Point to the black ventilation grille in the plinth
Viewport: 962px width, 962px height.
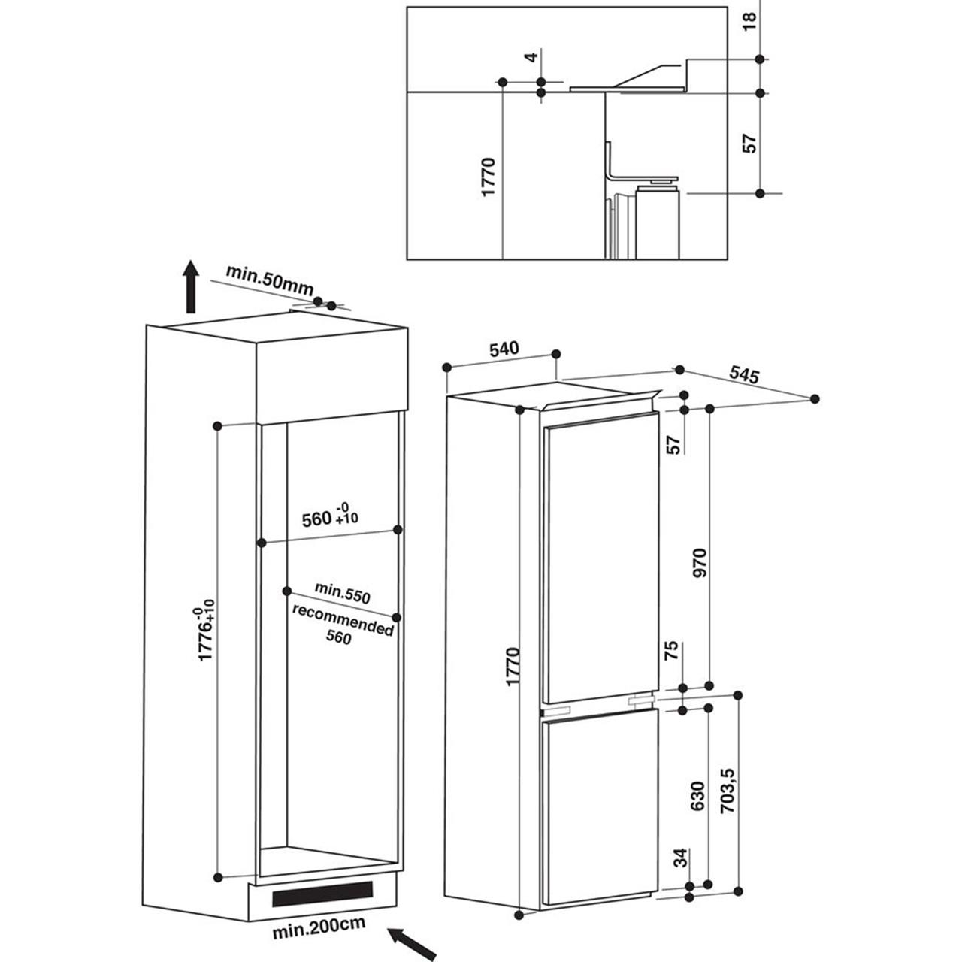[322, 894]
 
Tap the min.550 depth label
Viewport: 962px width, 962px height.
[343, 594]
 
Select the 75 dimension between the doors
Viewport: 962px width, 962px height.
[673, 651]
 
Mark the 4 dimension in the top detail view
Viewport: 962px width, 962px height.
[531, 57]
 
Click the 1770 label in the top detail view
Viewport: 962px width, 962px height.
[489, 177]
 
